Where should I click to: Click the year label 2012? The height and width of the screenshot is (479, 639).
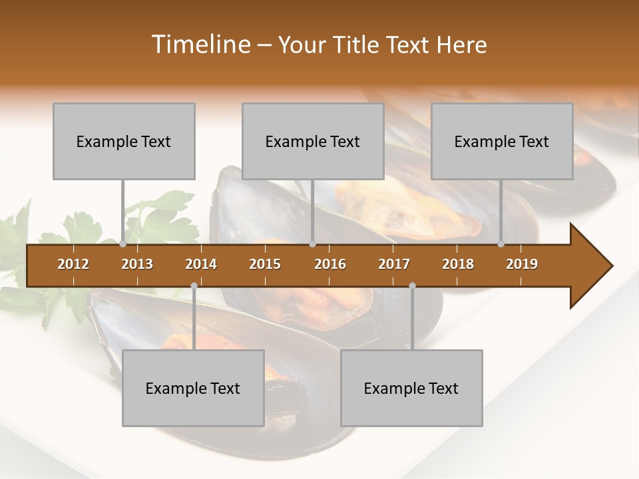coord(73,264)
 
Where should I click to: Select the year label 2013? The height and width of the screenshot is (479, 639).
coord(137,264)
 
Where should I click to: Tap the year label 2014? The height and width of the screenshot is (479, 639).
coord(201,264)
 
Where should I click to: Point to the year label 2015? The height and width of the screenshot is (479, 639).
coord(265,264)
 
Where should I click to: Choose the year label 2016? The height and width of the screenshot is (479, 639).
coord(330,264)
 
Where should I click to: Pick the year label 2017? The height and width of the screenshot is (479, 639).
coord(394,264)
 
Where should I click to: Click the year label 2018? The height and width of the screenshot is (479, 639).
coord(458,264)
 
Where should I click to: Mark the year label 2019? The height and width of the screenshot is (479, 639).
coord(522,264)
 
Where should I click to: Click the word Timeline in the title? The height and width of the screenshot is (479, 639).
coord(200,45)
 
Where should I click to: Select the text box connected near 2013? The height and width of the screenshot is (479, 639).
coord(124,141)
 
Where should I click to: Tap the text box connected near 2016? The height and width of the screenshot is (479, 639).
coord(313,141)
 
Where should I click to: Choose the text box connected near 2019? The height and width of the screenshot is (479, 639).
coord(502,141)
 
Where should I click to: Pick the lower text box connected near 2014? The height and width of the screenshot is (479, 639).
coord(193,388)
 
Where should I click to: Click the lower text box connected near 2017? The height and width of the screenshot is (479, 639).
coord(411,388)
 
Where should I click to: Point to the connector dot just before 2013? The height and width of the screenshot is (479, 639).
coord(122,244)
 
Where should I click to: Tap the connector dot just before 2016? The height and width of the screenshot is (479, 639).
coord(312,244)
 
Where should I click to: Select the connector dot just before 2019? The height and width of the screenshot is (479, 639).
coord(501,244)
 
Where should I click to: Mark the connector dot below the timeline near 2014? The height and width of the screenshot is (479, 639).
coord(194,285)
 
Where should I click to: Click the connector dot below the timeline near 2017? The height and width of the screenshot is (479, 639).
coord(412,285)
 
